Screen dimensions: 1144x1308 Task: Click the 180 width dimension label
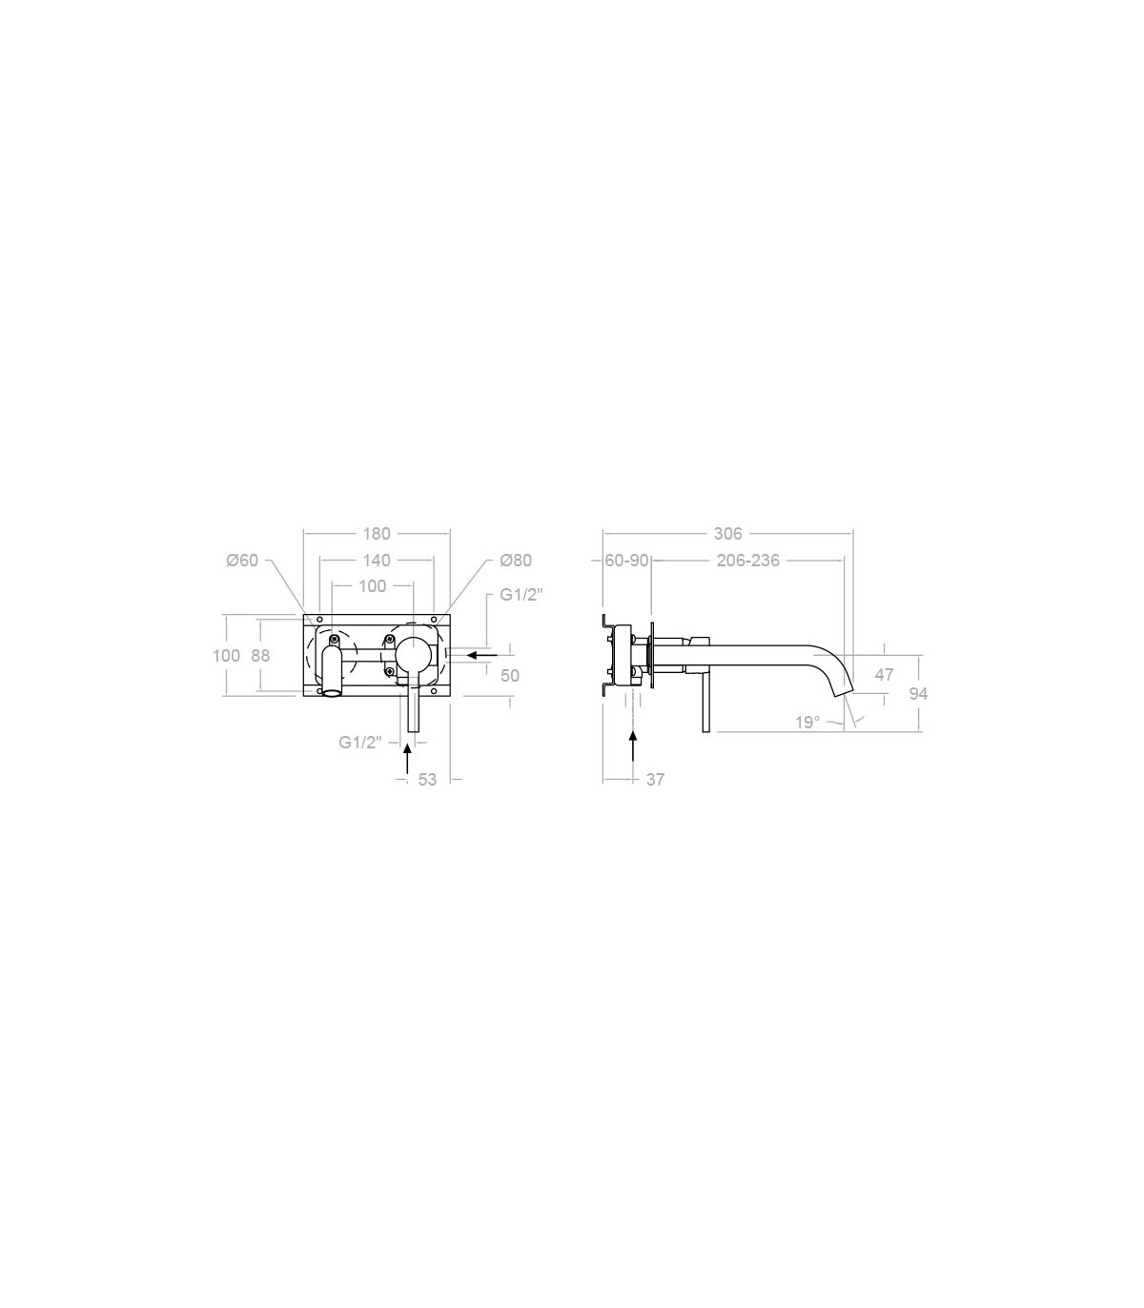click(377, 533)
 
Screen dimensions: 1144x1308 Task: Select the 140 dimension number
click(377, 560)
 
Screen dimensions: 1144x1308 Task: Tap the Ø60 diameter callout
click(242, 560)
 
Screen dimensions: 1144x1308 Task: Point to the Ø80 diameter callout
click(516, 560)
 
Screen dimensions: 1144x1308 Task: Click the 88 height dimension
click(261, 655)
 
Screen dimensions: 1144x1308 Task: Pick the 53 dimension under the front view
click(427, 779)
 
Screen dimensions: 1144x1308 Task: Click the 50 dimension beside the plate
click(510, 675)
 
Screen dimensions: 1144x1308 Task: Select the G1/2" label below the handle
click(360, 742)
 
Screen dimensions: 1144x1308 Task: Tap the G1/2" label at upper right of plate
click(521, 595)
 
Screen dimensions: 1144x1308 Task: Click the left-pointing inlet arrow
click(482, 655)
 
